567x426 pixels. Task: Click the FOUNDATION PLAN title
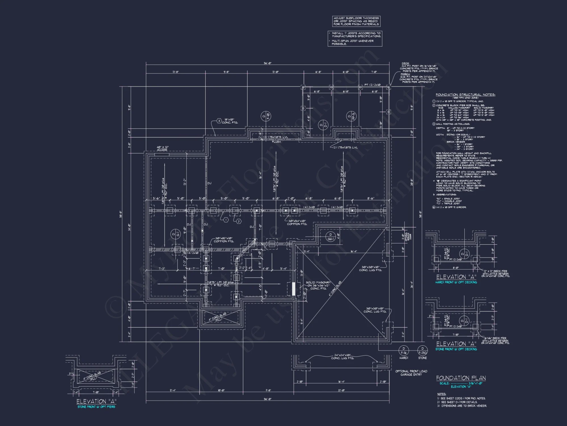coord(461,378)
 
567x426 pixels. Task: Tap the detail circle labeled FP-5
coord(351,116)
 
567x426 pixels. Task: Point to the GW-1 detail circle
coord(330,237)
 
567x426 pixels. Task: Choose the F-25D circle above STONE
coord(422,350)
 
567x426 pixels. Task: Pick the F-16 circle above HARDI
coord(403,350)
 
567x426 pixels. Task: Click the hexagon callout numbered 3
coord(219,121)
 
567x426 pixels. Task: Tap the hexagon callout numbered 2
coord(239,221)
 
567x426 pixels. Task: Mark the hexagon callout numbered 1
coord(226,220)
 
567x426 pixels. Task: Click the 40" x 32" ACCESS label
coord(162,149)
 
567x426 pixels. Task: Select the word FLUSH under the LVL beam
coord(276,142)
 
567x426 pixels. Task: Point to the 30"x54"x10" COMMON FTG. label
coord(297,222)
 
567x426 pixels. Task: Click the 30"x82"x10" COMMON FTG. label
coord(224,240)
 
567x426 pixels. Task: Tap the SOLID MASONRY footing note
coord(318,285)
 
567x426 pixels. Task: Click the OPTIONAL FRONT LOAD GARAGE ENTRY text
coord(411,373)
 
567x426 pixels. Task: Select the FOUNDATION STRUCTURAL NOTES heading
coord(465,95)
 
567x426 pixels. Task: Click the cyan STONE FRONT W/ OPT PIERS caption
coord(96,407)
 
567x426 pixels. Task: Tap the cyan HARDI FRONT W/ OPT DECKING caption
coord(456,282)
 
